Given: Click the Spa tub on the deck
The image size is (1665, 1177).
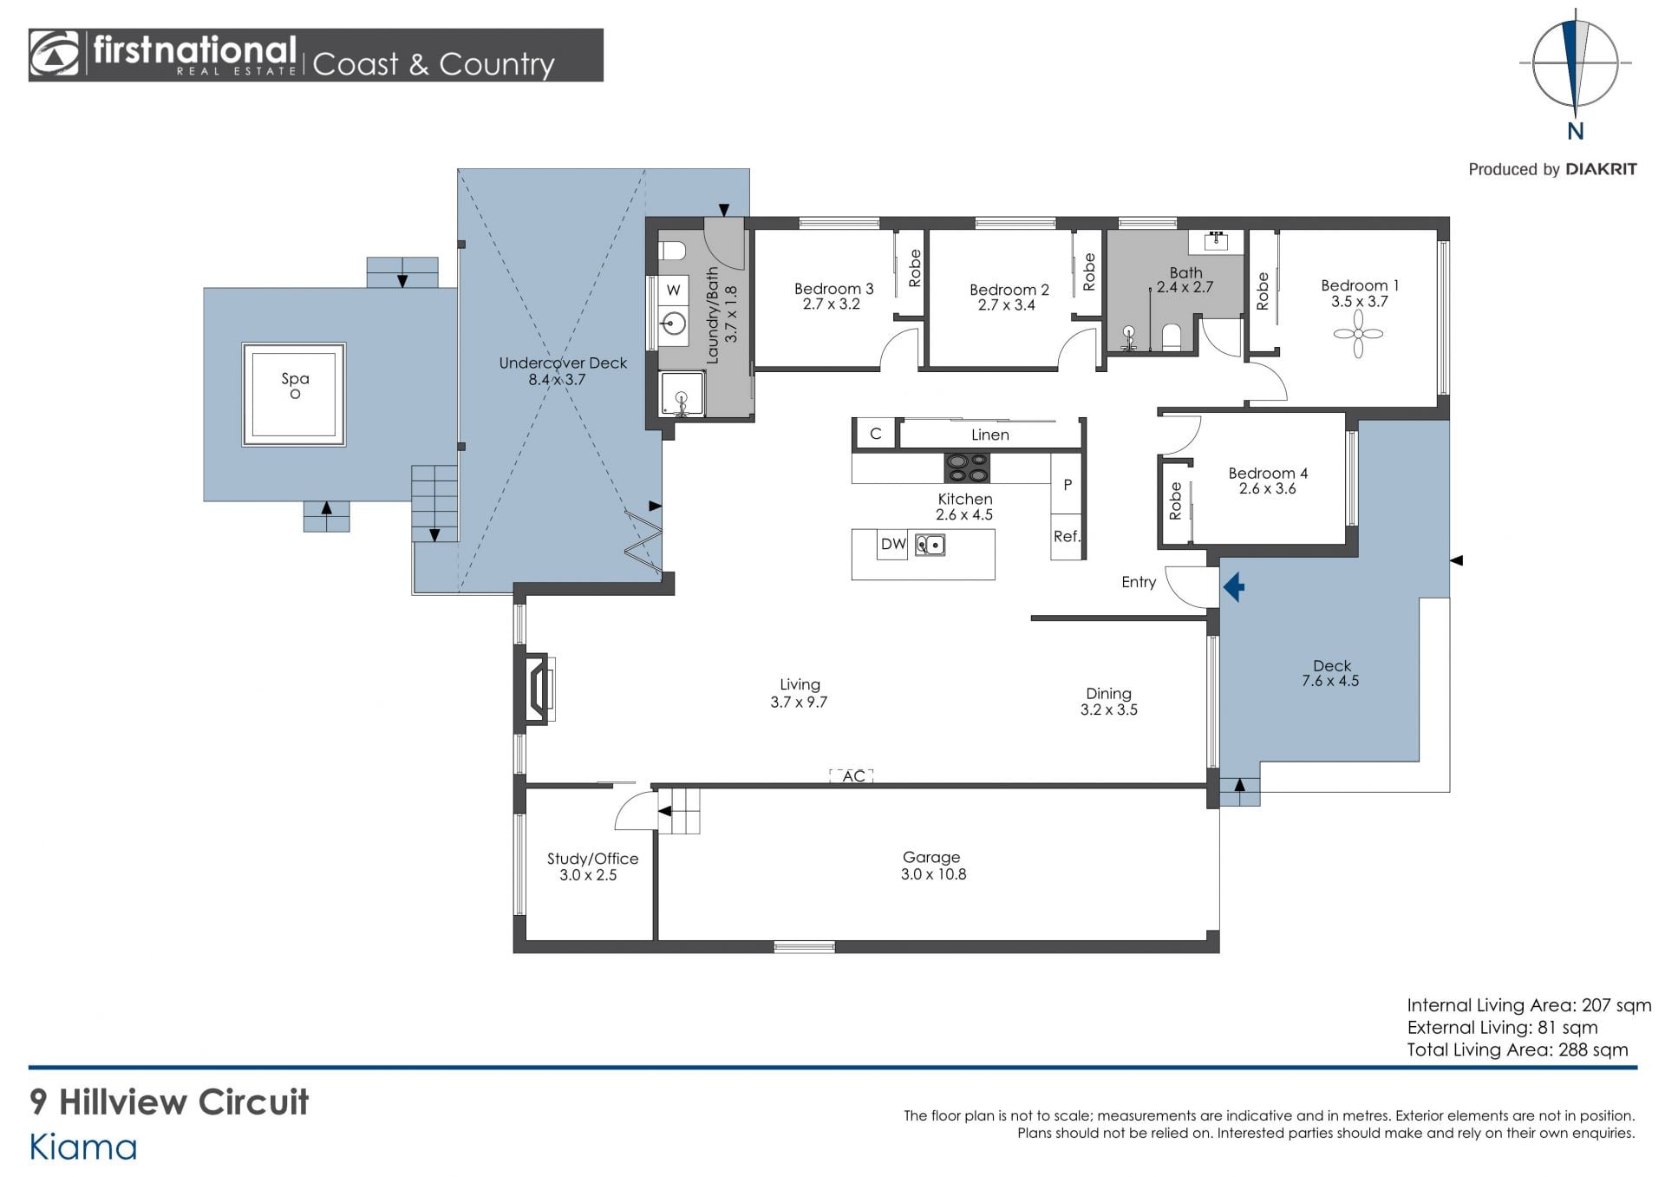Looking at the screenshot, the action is click(x=294, y=395).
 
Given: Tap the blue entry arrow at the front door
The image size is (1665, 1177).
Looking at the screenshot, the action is click(x=1233, y=587).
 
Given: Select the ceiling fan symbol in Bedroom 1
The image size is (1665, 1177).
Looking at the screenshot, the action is click(x=1358, y=334).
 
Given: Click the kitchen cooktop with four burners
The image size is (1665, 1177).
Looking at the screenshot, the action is click(x=967, y=468).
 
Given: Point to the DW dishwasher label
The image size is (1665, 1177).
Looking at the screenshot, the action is click(x=893, y=545).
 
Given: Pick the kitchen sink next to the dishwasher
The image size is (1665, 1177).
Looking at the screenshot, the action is click(x=930, y=545).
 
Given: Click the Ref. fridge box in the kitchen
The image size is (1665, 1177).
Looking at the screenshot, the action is click(x=1067, y=537).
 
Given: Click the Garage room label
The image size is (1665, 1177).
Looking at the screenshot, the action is click(x=931, y=857).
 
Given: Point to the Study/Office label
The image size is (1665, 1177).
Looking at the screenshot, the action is click(x=592, y=859).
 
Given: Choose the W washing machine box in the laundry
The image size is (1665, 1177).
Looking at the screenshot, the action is click(x=674, y=290).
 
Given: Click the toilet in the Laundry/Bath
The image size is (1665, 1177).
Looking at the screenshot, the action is click(x=672, y=252).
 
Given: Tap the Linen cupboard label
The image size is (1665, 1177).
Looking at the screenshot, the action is click(x=990, y=435).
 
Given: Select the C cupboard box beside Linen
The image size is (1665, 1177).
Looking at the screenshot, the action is click(x=876, y=434).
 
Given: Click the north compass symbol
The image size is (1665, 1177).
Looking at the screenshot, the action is click(x=1575, y=65).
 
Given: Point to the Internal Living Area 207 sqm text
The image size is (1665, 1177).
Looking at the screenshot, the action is click(x=1529, y=1005).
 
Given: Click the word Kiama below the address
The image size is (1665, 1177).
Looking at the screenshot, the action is click(x=83, y=1148).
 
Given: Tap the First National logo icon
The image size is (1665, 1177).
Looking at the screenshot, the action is click(x=55, y=54).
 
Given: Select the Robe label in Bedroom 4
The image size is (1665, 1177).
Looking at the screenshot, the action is click(x=1175, y=500).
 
